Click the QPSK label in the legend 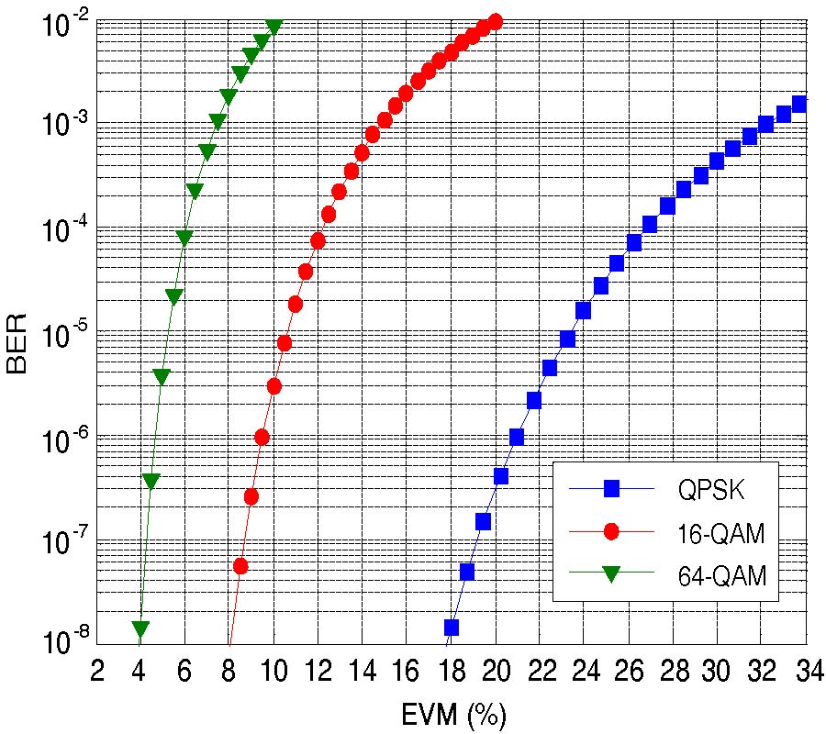pyautogui.click(x=711, y=489)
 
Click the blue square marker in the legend pyautogui.click(x=609, y=489)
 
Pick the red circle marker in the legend pyautogui.click(x=609, y=532)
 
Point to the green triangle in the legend pyautogui.click(x=609, y=575)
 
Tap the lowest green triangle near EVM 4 pyautogui.click(x=140, y=629)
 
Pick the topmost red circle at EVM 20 pyautogui.click(x=496, y=21)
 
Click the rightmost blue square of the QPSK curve pyautogui.click(x=799, y=105)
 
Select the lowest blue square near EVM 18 pyautogui.click(x=452, y=628)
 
